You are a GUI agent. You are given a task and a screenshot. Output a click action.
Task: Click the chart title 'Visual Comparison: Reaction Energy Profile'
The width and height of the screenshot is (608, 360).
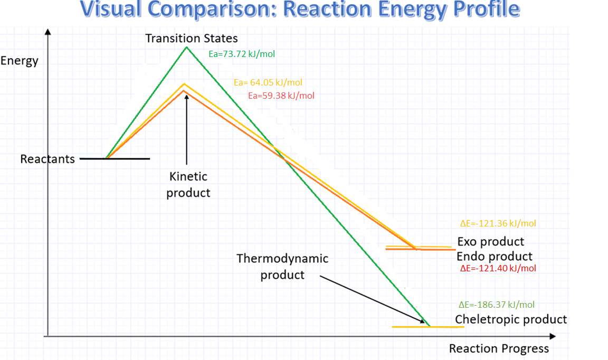click(300, 10)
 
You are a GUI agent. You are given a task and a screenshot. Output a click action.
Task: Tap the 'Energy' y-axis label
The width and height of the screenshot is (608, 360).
click(20, 61)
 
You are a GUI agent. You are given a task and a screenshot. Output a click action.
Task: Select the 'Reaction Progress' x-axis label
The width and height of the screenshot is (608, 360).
click(499, 349)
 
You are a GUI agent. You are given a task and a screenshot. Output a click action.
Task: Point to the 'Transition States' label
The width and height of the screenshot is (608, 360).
click(192, 39)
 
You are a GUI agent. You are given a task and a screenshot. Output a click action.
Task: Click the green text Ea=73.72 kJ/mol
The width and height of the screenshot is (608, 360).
click(242, 54)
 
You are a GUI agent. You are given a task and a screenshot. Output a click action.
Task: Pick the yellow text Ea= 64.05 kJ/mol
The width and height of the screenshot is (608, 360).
click(268, 82)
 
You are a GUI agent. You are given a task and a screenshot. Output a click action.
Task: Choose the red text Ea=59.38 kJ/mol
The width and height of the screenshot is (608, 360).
click(281, 96)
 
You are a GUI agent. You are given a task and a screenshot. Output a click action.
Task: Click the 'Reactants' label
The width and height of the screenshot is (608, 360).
click(47, 159)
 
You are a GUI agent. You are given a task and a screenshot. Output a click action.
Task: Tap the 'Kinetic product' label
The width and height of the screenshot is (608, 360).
click(188, 185)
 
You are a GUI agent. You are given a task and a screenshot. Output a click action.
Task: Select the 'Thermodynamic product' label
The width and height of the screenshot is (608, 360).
click(282, 267)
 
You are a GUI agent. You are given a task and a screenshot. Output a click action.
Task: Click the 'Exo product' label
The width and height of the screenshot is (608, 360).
click(491, 242)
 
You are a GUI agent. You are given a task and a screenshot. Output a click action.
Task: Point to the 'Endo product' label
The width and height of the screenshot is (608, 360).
click(495, 257)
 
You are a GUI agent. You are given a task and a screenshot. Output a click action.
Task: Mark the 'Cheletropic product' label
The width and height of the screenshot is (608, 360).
click(511, 319)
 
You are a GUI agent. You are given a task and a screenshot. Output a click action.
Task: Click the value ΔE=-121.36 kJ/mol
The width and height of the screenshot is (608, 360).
click(498, 224)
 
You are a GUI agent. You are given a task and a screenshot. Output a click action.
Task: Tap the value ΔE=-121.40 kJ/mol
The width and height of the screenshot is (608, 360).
click(498, 268)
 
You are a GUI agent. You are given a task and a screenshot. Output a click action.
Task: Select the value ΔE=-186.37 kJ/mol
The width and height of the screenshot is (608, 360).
click(497, 305)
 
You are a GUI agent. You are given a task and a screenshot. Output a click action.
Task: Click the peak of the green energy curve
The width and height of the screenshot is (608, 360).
click(186, 48)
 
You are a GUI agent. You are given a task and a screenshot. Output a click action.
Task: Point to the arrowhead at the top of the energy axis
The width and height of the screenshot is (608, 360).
click(48, 32)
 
